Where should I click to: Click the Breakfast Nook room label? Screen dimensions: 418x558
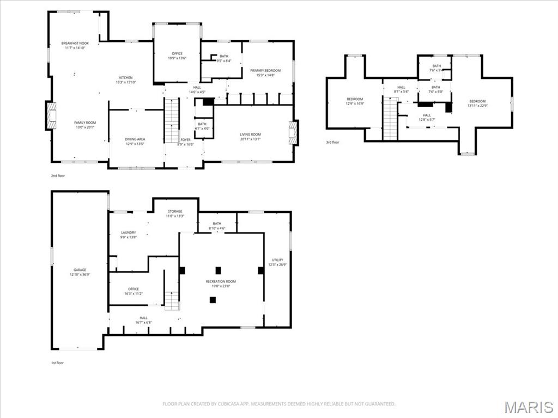coord(75,45)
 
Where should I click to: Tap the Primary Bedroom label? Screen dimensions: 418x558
coord(265,73)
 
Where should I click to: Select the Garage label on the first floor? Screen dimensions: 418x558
coord(80,272)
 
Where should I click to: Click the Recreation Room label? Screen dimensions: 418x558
coord(221,283)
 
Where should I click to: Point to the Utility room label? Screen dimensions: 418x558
coord(277,262)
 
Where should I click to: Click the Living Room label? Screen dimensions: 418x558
coord(250,137)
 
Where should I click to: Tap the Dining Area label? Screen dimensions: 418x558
coord(135,142)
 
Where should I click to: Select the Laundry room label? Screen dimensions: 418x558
coord(129,235)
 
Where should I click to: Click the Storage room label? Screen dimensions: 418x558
coord(175,213)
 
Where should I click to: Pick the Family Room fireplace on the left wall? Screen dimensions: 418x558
coord(51,116)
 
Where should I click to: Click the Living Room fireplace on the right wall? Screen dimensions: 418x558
coord(293,132)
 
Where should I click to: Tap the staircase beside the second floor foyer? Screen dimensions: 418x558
coord(172,120)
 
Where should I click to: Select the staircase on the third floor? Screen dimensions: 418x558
coord(390,118)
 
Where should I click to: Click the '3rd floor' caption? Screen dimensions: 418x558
coord(332,143)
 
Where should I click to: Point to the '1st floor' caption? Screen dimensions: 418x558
coord(57,362)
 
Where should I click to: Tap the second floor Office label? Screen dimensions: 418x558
coord(177,56)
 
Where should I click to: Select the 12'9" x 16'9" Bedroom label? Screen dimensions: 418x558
coord(355,101)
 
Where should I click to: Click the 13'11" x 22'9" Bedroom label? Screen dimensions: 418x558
coord(477,103)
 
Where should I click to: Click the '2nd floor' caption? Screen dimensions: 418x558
coord(57,176)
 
